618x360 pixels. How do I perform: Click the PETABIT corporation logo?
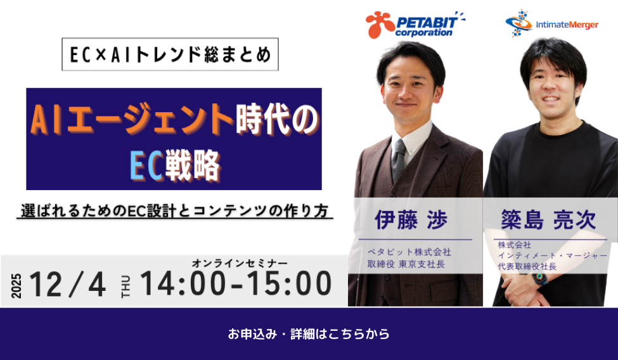tap(415, 25)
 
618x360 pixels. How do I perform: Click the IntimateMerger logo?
tap(552, 23)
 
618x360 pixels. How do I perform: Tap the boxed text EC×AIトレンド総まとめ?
tap(171, 55)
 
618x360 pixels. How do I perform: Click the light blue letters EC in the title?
tap(146, 165)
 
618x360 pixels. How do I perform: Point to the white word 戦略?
tap(192, 165)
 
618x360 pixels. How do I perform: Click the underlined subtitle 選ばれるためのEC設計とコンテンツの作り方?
tap(174, 211)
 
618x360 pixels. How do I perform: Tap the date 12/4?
tap(68, 285)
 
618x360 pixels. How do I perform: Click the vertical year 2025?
tap(16, 285)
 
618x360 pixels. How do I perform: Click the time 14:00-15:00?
tap(236, 283)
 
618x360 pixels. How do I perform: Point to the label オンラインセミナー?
tap(240, 263)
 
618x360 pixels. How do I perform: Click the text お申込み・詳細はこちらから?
tap(309, 334)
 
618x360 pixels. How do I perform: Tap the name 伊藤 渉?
tap(411, 220)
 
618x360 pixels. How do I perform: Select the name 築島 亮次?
tap(548, 220)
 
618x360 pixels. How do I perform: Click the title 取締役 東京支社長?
tap(406, 264)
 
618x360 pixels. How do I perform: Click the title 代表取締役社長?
tap(527, 267)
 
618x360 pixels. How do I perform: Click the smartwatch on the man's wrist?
tap(539, 279)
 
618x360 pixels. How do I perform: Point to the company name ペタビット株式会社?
tap(409, 252)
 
